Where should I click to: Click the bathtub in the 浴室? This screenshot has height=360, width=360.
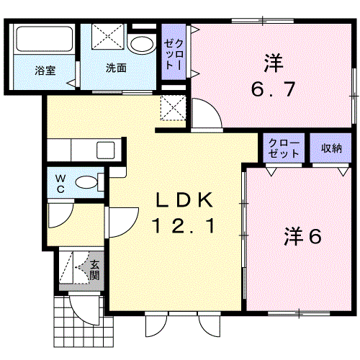click(45, 39)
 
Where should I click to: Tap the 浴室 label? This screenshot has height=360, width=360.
click(45, 71)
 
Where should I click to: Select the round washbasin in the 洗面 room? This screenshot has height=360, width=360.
click(142, 45)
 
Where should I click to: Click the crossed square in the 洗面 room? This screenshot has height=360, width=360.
click(107, 36)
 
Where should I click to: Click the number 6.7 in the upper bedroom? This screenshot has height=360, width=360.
click(273, 89)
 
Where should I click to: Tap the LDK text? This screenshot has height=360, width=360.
click(184, 199)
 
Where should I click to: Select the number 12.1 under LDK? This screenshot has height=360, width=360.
click(184, 225)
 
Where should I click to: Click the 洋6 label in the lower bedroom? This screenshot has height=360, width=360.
click(302, 236)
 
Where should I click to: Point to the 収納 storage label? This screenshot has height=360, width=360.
click(331, 148)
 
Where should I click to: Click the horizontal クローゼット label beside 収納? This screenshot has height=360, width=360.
click(284, 148)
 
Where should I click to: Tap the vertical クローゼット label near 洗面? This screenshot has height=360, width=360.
click(174, 55)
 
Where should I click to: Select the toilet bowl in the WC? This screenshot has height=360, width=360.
click(86, 182)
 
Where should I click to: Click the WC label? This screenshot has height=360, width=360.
click(60, 184)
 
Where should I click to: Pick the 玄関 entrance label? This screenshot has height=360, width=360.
click(94, 270)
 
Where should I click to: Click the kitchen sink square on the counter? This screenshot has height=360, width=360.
click(106, 150)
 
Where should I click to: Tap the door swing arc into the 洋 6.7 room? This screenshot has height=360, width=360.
click(211, 108)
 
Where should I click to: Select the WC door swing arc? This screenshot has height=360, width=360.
click(63, 218)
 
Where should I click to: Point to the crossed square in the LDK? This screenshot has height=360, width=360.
click(173, 108)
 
